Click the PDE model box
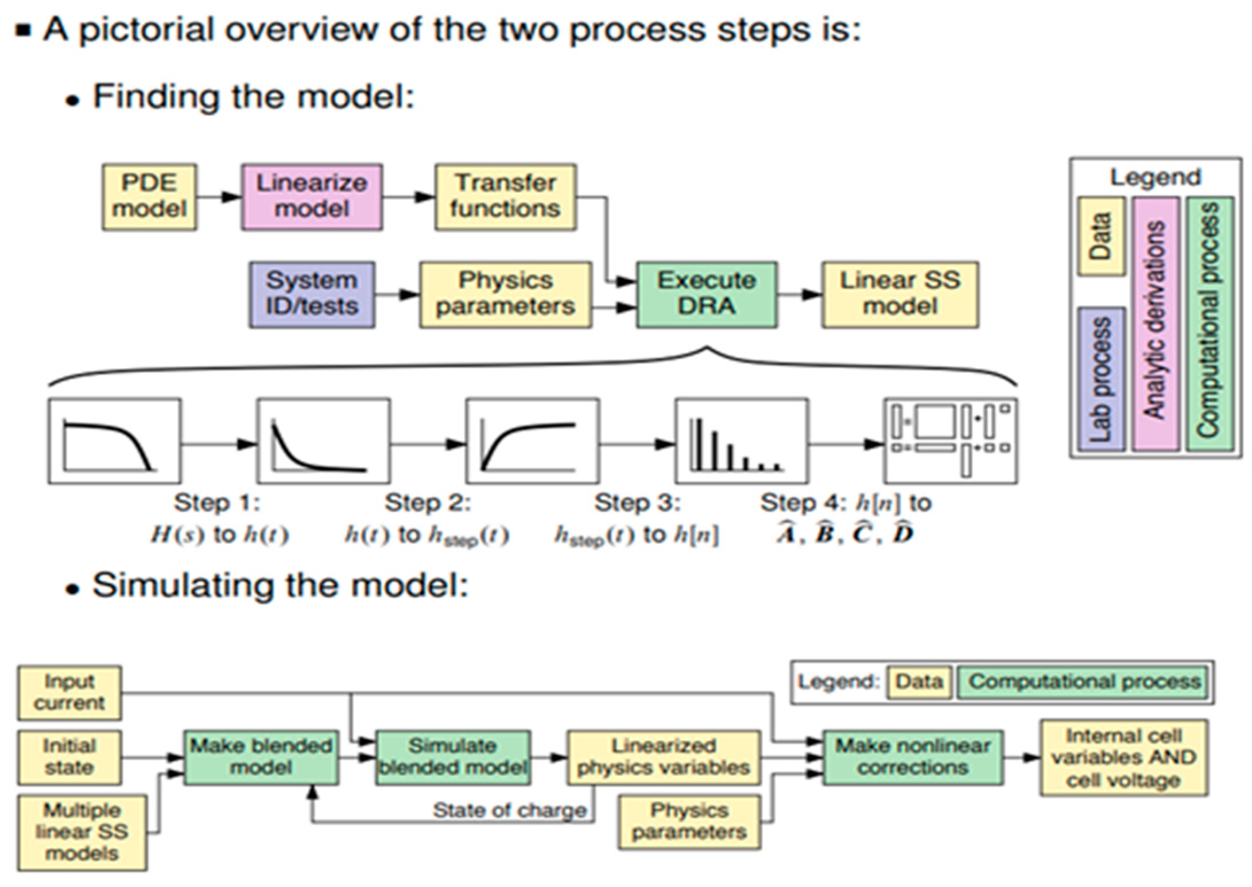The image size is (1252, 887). click(x=149, y=197)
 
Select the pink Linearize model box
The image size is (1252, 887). click(x=312, y=197)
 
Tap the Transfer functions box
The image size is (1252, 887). click(x=505, y=197)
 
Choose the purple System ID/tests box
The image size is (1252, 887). click(x=312, y=295)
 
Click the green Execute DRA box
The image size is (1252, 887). click(x=707, y=295)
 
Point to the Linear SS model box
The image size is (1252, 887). click(x=900, y=295)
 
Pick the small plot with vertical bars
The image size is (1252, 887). click(x=742, y=441)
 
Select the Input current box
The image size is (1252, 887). click(x=69, y=693)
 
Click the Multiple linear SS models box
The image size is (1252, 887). click(x=82, y=832)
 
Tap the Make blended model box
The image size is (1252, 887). click(x=261, y=757)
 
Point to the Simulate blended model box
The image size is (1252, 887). click(x=453, y=757)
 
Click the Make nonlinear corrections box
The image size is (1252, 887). click(x=913, y=757)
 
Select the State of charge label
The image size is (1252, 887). click(x=510, y=810)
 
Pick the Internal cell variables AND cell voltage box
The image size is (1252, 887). click(x=1124, y=757)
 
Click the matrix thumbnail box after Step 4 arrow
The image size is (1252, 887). click(x=951, y=441)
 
